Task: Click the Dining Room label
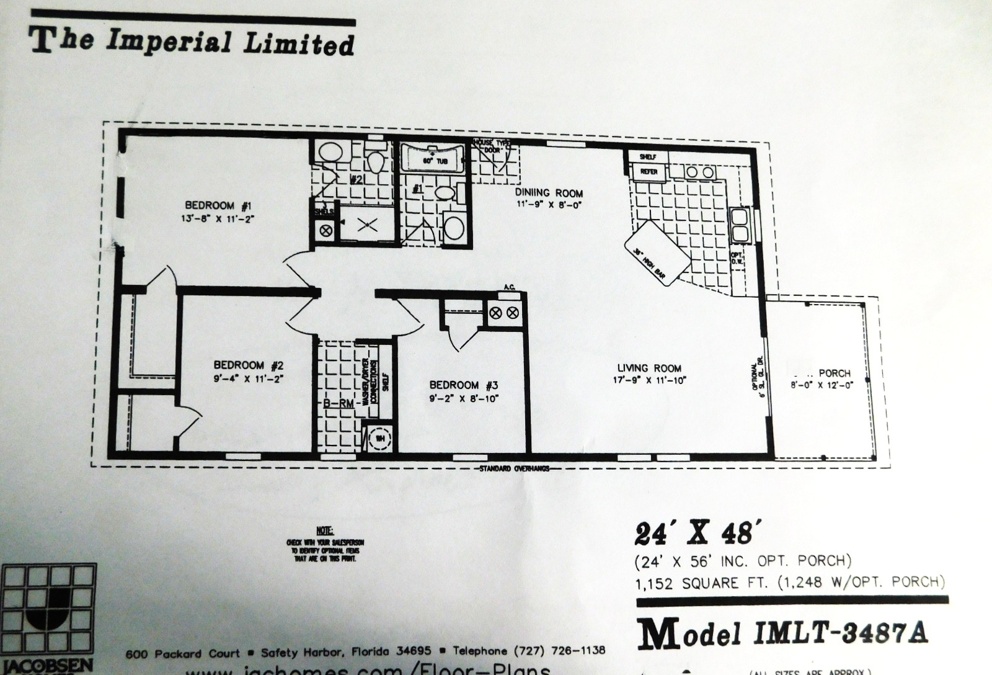tap(549, 193)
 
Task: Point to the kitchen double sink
tap(740, 225)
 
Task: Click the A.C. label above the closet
tap(510, 287)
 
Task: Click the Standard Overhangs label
tap(514, 469)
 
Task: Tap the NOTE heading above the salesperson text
tap(324, 531)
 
